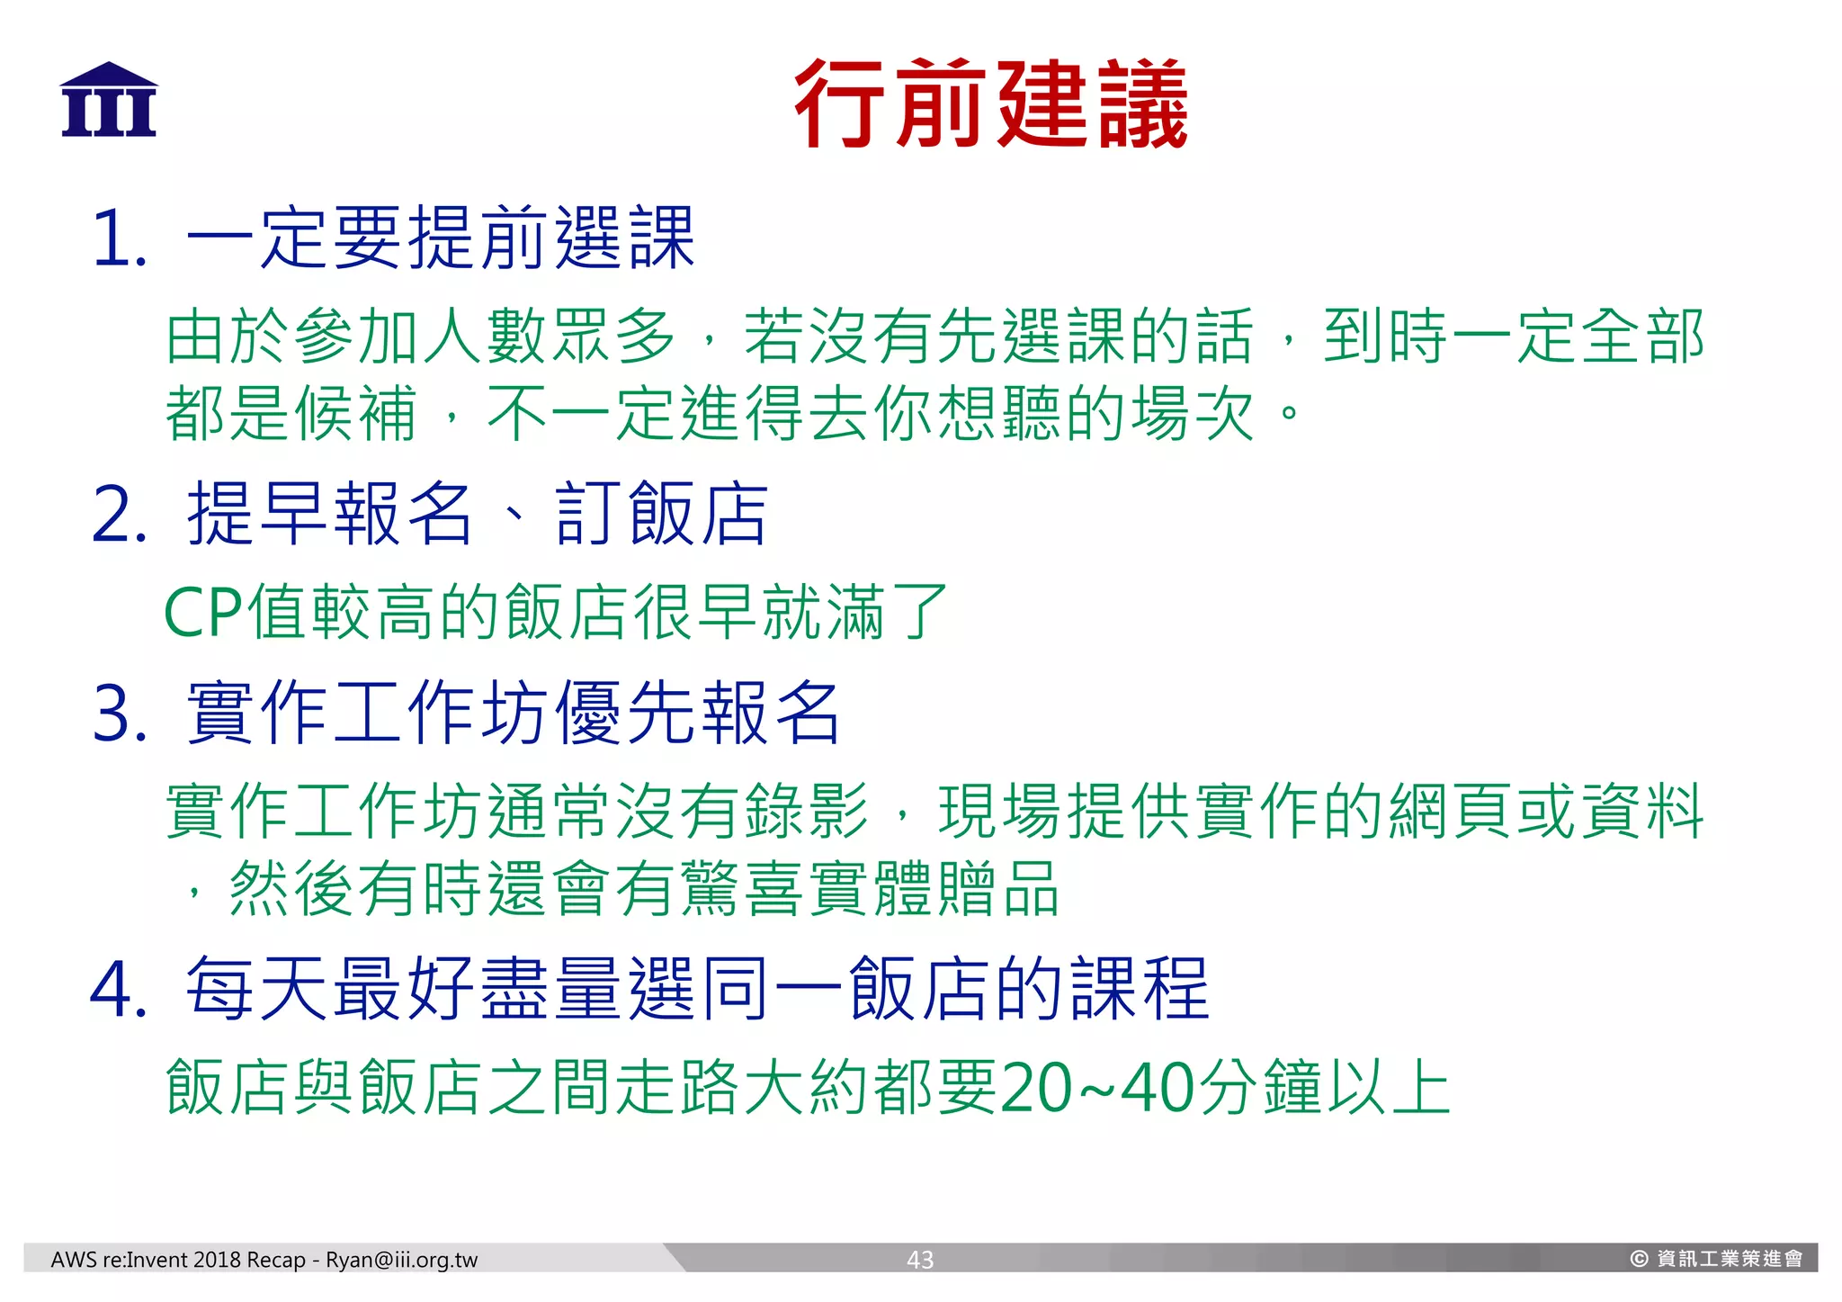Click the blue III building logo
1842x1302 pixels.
tap(109, 100)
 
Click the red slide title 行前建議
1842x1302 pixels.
tap(990, 103)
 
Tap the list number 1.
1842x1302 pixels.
tap(117, 239)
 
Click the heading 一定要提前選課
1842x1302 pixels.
tap(441, 238)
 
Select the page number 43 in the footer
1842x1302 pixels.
tap(919, 1260)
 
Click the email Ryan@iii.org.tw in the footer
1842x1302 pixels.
tap(401, 1260)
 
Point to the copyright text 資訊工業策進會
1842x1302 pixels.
tap(1729, 1259)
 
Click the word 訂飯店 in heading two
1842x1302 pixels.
tap(661, 514)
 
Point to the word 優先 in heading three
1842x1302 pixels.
tap(625, 714)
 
